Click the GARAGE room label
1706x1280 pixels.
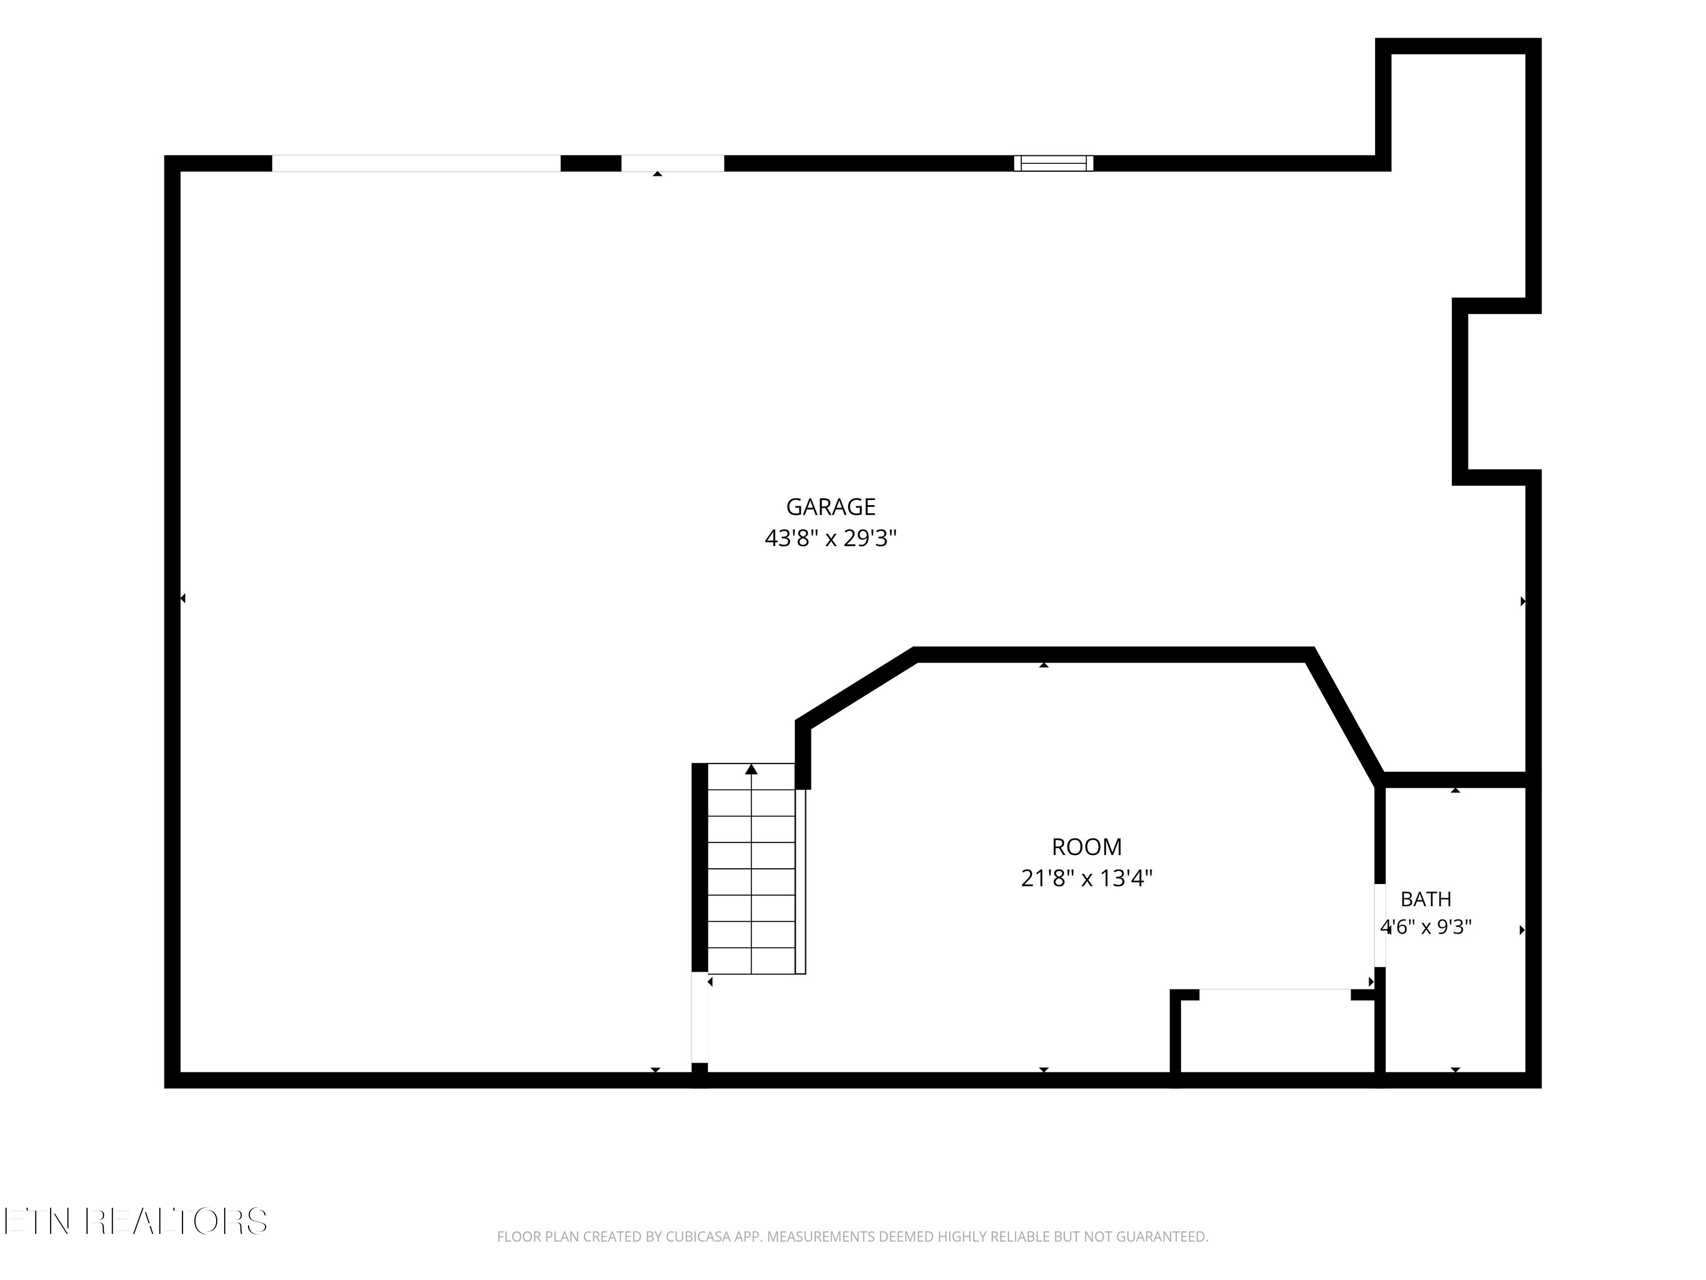click(831, 507)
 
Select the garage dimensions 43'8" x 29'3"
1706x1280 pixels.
click(831, 538)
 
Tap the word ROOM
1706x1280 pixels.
click(1087, 847)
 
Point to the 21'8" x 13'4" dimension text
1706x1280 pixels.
click(1087, 878)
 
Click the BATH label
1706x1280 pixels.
click(1426, 899)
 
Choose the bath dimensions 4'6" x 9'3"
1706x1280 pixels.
click(1426, 927)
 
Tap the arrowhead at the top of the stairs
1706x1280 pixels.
click(751, 769)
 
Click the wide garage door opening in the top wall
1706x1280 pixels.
click(416, 164)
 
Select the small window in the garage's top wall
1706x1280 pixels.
click(1054, 164)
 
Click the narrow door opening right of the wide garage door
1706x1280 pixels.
click(673, 164)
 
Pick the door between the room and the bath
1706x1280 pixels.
click(1380, 925)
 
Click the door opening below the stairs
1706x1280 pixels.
click(699, 1018)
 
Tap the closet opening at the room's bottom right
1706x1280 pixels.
click(1275, 994)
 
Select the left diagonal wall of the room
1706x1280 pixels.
click(855, 687)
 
